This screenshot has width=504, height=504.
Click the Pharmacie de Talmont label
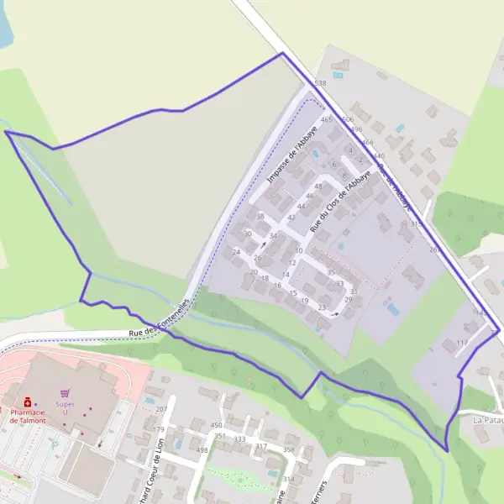(34, 416)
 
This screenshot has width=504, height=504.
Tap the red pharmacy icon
(28, 402)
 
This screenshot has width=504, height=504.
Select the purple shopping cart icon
(66, 392)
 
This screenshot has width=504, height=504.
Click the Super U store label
(66, 407)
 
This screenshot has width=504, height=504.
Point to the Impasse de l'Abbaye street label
(291, 155)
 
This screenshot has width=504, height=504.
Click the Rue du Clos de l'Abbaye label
(339, 202)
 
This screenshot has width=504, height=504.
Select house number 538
(319, 84)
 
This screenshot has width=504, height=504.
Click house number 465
(327, 119)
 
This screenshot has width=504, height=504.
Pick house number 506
(348, 119)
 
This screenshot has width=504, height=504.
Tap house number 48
(318, 186)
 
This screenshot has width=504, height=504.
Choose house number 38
(260, 216)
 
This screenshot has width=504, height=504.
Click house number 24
(237, 252)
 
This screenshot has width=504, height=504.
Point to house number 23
(322, 307)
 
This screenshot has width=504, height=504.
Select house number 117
(461, 343)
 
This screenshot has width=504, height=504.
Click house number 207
(161, 409)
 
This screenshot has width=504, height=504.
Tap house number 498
(202, 450)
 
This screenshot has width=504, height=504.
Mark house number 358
(288, 450)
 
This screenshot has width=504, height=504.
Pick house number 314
(288, 479)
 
